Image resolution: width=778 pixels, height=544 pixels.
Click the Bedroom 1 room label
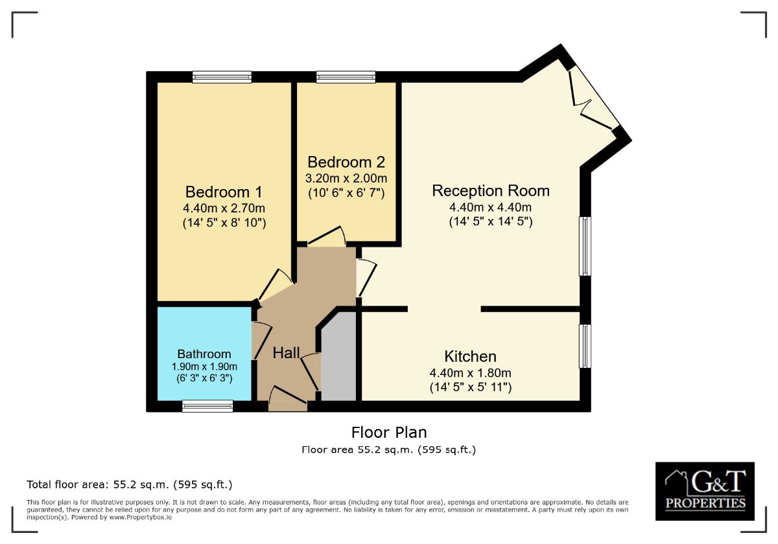click(224, 192)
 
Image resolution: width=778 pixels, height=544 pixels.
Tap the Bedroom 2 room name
click(346, 162)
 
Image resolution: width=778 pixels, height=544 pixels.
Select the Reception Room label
click(491, 191)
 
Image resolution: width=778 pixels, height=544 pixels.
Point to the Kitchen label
click(470, 356)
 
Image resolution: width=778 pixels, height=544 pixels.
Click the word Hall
click(286, 353)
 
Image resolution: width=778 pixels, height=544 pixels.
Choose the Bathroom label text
click(204, 354)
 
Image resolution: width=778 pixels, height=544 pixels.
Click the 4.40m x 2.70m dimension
click(224, 208)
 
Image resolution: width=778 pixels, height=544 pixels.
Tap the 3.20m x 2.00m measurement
click(346, 178)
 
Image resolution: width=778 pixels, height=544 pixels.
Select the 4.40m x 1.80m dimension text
click(470, 373)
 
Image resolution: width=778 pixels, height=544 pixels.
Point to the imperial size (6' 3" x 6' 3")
click(204, 378)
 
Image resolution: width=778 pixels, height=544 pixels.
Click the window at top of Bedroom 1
click(222, 76)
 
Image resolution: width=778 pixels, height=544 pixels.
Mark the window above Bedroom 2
click(346, 76)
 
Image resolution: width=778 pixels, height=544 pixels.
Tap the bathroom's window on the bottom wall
click(207, 406)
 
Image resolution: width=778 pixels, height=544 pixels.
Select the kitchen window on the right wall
click(585, 346)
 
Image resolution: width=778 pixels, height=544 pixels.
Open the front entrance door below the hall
click(288, 399)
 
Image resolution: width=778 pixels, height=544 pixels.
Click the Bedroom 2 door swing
click(327, 236)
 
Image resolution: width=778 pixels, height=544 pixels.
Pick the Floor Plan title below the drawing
click(389, 433)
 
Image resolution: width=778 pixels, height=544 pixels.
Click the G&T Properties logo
click(705, 492)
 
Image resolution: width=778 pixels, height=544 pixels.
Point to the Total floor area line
click(130, 484)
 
